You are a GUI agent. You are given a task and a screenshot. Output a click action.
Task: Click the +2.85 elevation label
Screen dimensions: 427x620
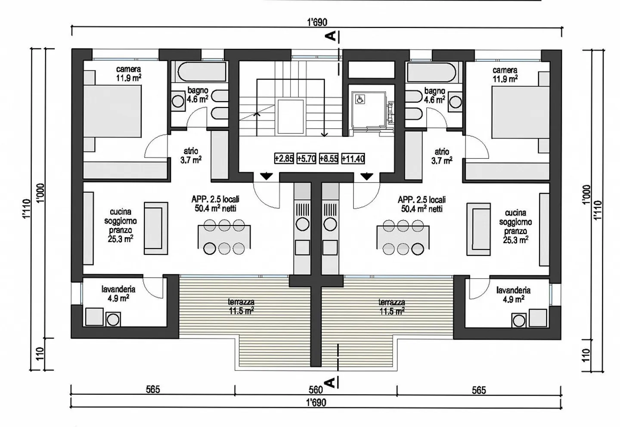point(284,158)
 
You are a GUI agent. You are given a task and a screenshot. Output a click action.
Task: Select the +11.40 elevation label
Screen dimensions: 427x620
point(353,158)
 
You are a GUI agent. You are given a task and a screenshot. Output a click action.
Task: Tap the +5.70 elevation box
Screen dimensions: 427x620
point(307,158)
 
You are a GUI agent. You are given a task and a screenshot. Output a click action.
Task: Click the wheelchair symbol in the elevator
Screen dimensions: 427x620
point(359,99)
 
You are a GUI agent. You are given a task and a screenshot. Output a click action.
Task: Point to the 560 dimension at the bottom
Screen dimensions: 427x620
point(316,390)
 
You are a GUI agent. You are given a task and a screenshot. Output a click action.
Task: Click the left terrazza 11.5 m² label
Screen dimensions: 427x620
point(241,306)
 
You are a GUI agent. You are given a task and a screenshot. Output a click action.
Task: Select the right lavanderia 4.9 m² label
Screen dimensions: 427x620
point(513,295)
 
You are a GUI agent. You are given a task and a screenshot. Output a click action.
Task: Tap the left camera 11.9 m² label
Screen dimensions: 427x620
point(128,74)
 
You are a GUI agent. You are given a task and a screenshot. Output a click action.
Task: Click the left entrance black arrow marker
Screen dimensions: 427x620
point(266,176)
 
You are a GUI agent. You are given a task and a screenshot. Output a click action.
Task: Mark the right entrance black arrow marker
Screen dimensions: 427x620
point(367,176)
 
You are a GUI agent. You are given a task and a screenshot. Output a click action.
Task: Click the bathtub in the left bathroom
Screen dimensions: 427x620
point(201,72)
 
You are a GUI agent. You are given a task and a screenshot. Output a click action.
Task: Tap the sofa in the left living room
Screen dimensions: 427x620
point(156,228)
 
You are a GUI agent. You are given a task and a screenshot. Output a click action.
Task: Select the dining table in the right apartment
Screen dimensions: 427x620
point(402,237)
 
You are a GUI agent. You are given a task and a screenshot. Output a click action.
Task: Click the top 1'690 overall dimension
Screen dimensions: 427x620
point(317,22)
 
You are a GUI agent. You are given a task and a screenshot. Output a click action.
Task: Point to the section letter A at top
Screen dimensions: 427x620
point(331,37)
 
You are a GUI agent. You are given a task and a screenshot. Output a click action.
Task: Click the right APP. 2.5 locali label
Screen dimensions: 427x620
point(422,204)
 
